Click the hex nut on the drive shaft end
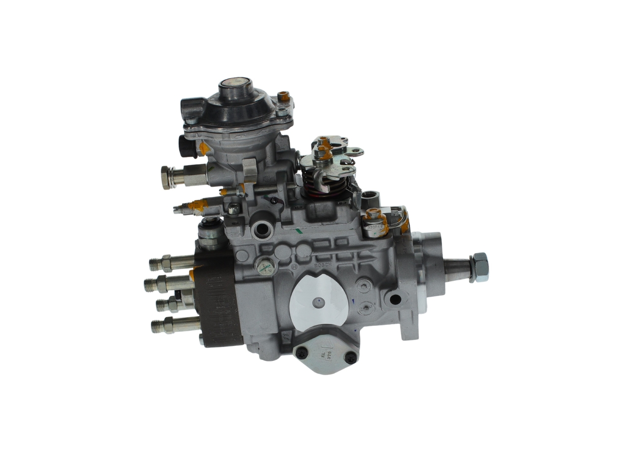click(x=479, y=267)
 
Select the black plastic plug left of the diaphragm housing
click(x=184, y=146)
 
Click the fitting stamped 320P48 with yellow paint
click(x=376, y=223)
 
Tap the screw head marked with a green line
click(x=267, y=268)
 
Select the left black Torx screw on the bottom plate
click(x=301, y=352)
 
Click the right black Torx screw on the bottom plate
click(x=351, y=358)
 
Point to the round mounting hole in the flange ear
click(x=395, y=300)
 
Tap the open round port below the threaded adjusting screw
click(x=260, y=230)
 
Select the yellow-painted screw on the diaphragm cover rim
click(x=283, y=96)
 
